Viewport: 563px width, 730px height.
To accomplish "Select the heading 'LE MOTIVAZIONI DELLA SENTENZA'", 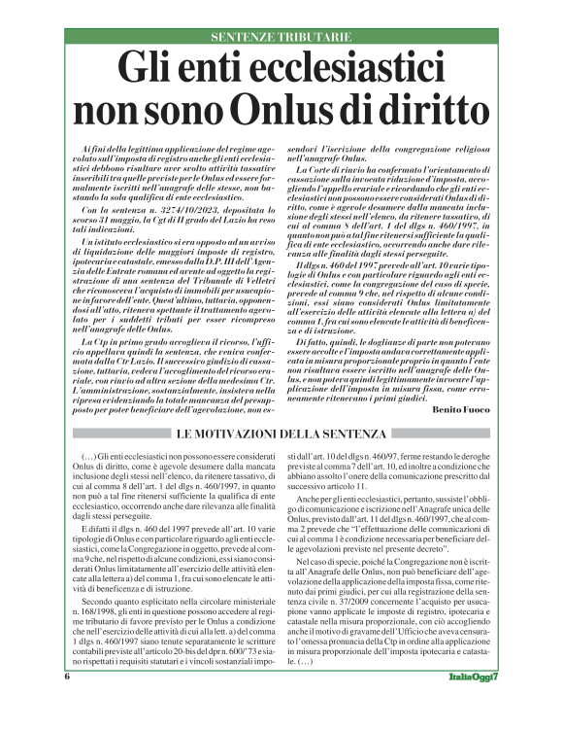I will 281,432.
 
